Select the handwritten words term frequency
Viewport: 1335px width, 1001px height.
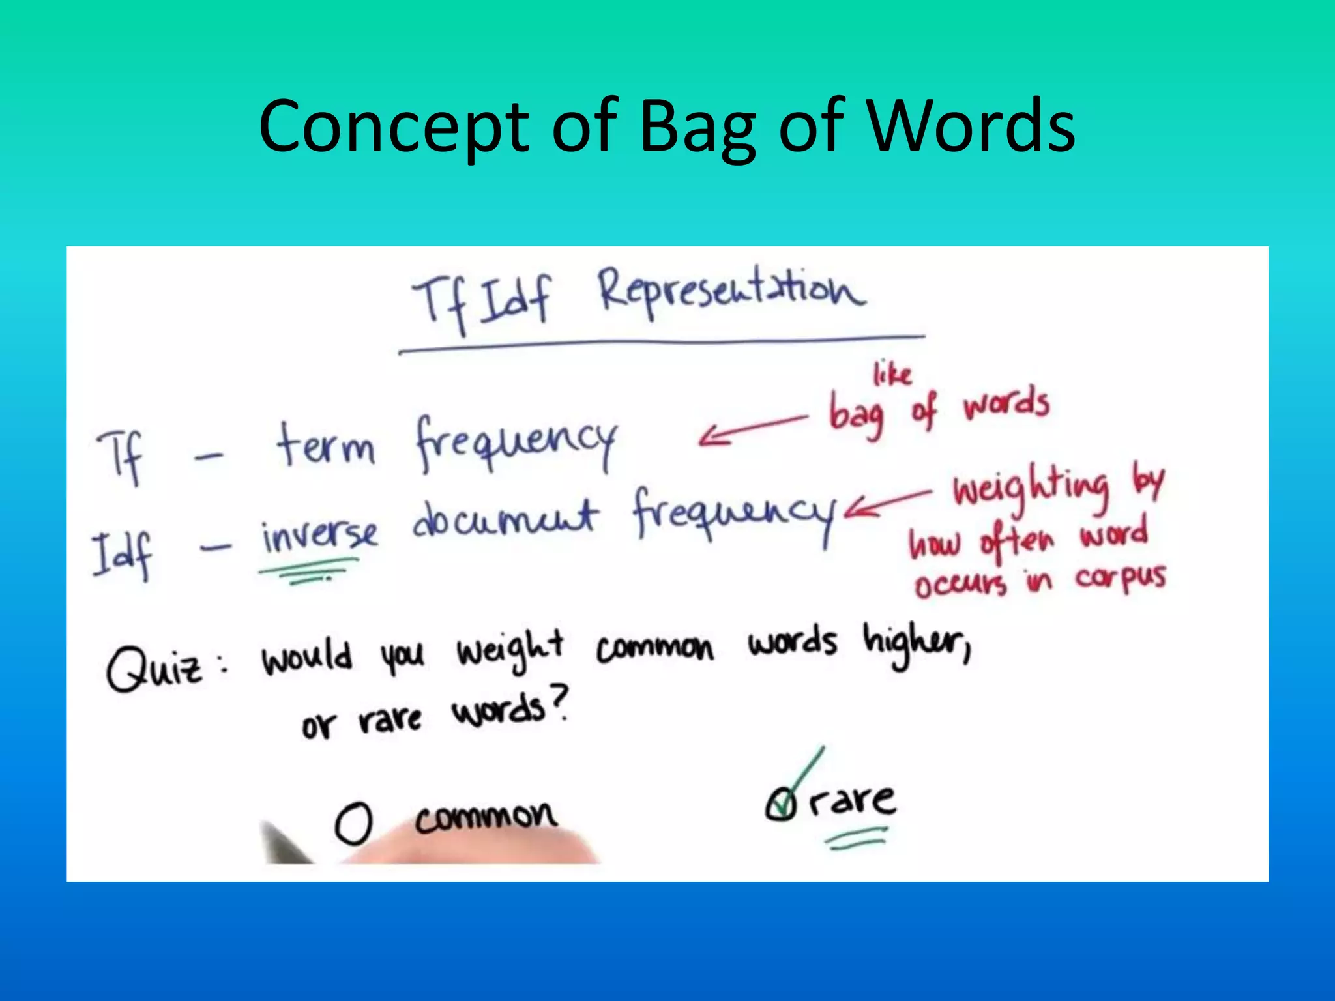click(447, 443)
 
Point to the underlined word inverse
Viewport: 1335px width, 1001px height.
click(319, 535)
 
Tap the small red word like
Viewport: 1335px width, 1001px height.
click(892, 374)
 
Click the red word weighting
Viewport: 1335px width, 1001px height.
click(1031, 488)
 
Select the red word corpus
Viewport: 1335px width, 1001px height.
click(1120, 577)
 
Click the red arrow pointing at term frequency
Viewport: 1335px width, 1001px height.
click(753, 428)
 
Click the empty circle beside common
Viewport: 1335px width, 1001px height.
click(354, 822)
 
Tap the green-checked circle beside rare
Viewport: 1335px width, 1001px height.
click(780, 804)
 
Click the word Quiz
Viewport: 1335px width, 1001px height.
click(155, 669)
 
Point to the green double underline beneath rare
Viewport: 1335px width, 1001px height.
click(857, 839)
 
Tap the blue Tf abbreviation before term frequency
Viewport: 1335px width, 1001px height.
click(121, 456)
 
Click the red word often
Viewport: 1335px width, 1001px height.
click(1016, 542)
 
